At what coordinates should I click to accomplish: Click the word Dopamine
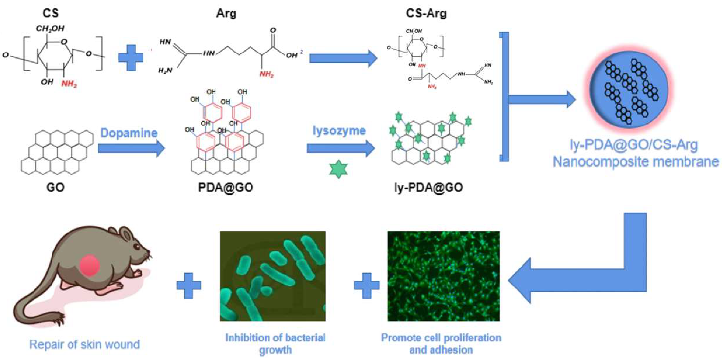click(129, 133)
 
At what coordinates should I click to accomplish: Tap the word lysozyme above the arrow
click(339, 131)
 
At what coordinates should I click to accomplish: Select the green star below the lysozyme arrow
click(338, 169)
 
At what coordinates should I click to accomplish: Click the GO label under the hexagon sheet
click(55, 187)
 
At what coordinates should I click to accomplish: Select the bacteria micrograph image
click(273, 276)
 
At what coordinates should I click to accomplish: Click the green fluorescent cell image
click(443, 276)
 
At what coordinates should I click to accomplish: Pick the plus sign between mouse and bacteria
click(189, 286)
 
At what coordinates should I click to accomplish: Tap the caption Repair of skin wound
click(85, 344)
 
